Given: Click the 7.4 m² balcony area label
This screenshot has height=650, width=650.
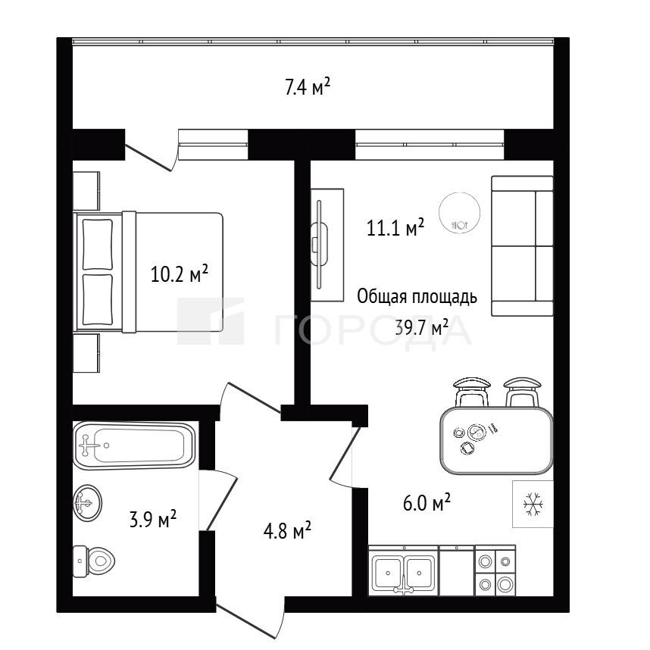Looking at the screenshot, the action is pyautogui.click(x=308, y=88).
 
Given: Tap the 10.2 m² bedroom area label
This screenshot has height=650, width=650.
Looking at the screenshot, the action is pyautogui.click(x=179, y=274).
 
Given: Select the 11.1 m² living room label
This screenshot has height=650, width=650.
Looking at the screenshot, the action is pyautogui.click(x=395, y=227).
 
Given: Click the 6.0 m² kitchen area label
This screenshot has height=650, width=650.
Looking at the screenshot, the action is pyautogui.click(x=427, y=503).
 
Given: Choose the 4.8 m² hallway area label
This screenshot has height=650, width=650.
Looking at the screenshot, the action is pyautogui.click(x=287, y=530).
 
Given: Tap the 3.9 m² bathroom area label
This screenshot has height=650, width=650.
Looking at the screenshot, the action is pyautogui.click(x=153, y=520).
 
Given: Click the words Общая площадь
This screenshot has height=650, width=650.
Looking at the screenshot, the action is pyautogui.click(x=417, y=297).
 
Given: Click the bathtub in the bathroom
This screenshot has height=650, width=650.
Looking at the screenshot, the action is pyautogui.click(x=134, y=445).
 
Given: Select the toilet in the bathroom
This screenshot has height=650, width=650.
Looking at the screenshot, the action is pyautogui.click(x=94, y=561).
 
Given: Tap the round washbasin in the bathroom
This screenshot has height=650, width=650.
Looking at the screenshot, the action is pyautogui.click(x=87, y=503).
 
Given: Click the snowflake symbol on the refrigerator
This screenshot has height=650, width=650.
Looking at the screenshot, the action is pyautogui.click(x=533, y=505).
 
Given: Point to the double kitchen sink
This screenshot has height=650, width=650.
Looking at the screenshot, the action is pyautogui.click(x=403, y=571).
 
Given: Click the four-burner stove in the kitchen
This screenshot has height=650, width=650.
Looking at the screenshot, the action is pyautogui.click(x=495, y=570).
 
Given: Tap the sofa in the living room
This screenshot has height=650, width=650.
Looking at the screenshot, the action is pyautogui.click(x=522, y=246).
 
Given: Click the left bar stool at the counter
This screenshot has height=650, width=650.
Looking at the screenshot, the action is pyautogui.click(x=472, y=392).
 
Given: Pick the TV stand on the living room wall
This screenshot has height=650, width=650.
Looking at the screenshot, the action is pyautogui.click(x=327, y=245).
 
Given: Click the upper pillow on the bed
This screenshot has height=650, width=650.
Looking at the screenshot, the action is pyautogui.click(x=98, y=244).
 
